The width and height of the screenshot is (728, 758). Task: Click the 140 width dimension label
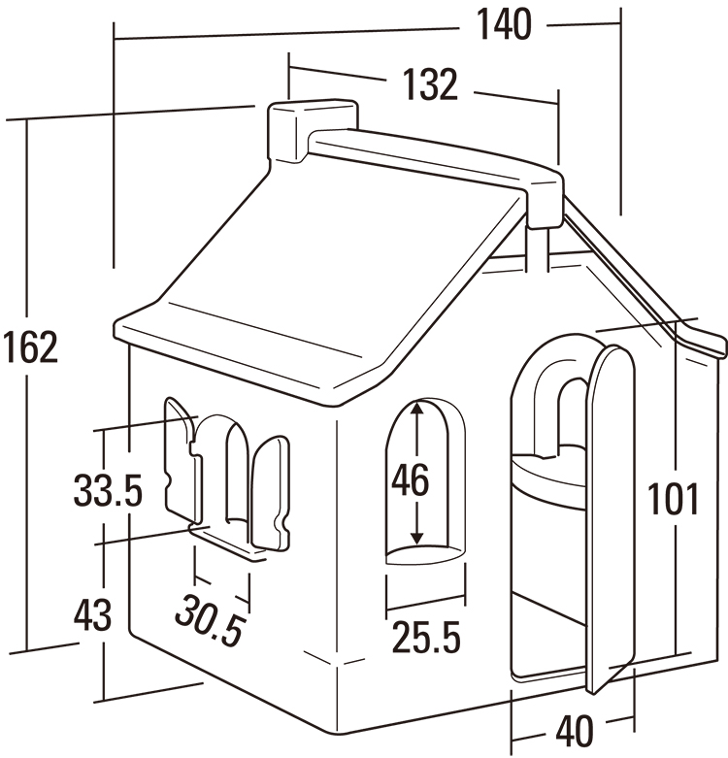pos(504,25)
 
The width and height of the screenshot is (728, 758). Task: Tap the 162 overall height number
pos(30,348)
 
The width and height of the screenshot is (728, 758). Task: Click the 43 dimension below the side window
pos(93,615)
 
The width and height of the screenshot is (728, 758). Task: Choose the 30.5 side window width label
pos(210,618)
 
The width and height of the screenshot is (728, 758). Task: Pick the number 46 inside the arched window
pos(410,479)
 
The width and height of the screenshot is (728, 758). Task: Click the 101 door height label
pos(674,499)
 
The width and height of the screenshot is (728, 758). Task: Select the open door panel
pos(609,514)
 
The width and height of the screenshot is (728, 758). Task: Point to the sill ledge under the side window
pos(229,542)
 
